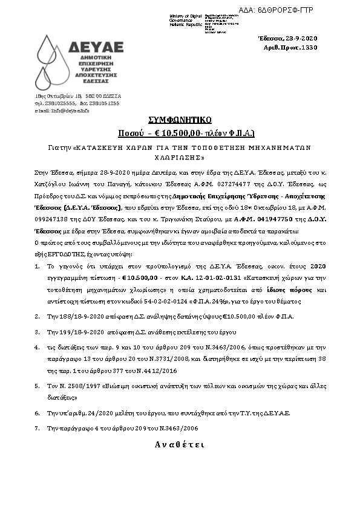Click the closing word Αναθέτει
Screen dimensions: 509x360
pos(179,444)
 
